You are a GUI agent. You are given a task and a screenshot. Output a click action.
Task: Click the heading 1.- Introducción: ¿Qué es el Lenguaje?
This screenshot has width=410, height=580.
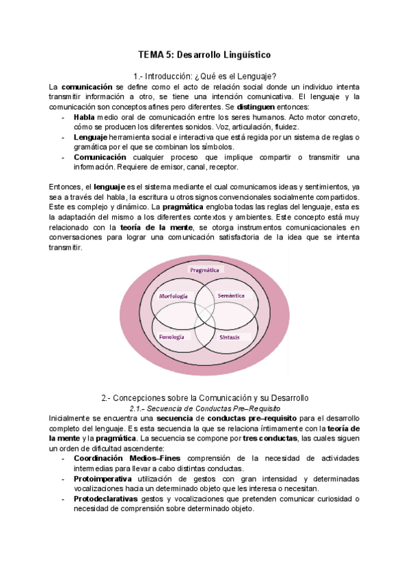click(x=204, y=75)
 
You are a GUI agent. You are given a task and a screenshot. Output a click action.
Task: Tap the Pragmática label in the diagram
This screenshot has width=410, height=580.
click(x=204, y=270)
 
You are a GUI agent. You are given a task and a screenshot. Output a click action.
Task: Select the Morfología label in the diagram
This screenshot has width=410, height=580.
click(x=174, y=296)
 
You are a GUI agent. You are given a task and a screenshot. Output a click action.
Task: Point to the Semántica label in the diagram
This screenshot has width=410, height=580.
click(x=231, y=295)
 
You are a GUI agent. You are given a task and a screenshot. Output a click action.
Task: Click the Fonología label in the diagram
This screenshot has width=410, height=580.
click(x=171, y=337)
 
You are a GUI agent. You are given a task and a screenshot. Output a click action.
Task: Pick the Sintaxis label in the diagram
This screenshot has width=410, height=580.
click(x=230, y=337)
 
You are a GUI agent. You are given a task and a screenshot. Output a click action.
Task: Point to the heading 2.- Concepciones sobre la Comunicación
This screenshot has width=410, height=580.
click(x=204, y=397)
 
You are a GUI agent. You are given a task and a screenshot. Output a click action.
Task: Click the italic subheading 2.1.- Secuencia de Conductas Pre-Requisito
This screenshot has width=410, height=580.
click(x=204, y=407)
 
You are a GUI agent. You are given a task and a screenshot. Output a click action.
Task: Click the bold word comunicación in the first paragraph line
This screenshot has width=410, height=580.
click(x=87, y=87)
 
